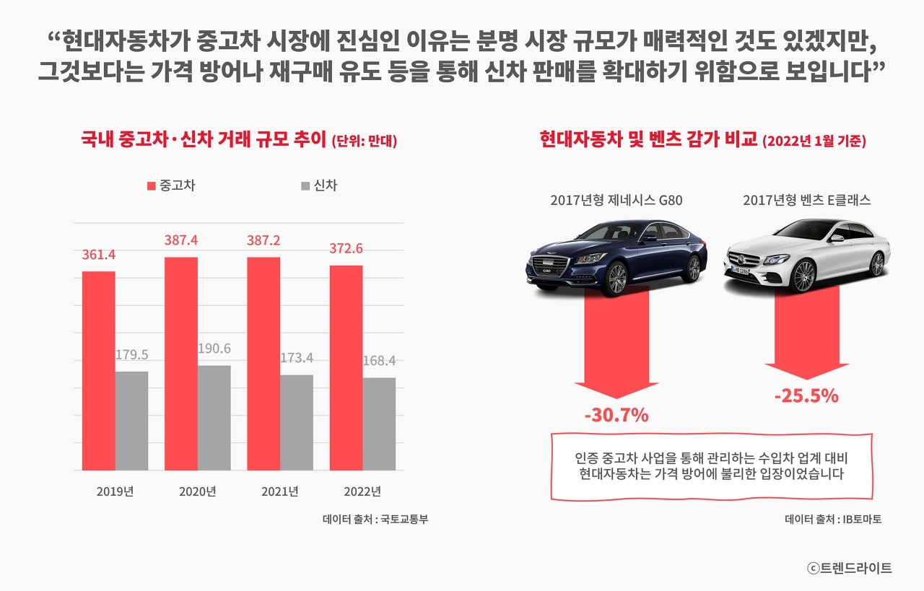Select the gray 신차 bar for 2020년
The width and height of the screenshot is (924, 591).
coord(214,418)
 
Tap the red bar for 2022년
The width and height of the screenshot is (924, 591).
coord(346,367)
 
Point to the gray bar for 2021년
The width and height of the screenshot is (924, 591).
coord(297,422)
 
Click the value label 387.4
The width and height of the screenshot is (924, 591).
coord(181,240)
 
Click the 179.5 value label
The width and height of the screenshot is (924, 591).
coord(132,354)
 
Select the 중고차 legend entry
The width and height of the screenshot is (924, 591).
coord(171,185)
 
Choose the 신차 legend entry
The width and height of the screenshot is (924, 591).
coord(319,185)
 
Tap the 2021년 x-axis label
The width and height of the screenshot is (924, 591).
coord(280,492)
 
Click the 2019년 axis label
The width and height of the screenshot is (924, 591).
coord(115,492)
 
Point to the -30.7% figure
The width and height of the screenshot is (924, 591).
coord(616,416)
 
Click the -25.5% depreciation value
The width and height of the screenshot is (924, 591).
coord(806,396)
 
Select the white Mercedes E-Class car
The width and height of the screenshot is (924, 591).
coord(806,254)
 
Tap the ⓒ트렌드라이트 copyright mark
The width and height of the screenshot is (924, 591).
coord(850,568)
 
